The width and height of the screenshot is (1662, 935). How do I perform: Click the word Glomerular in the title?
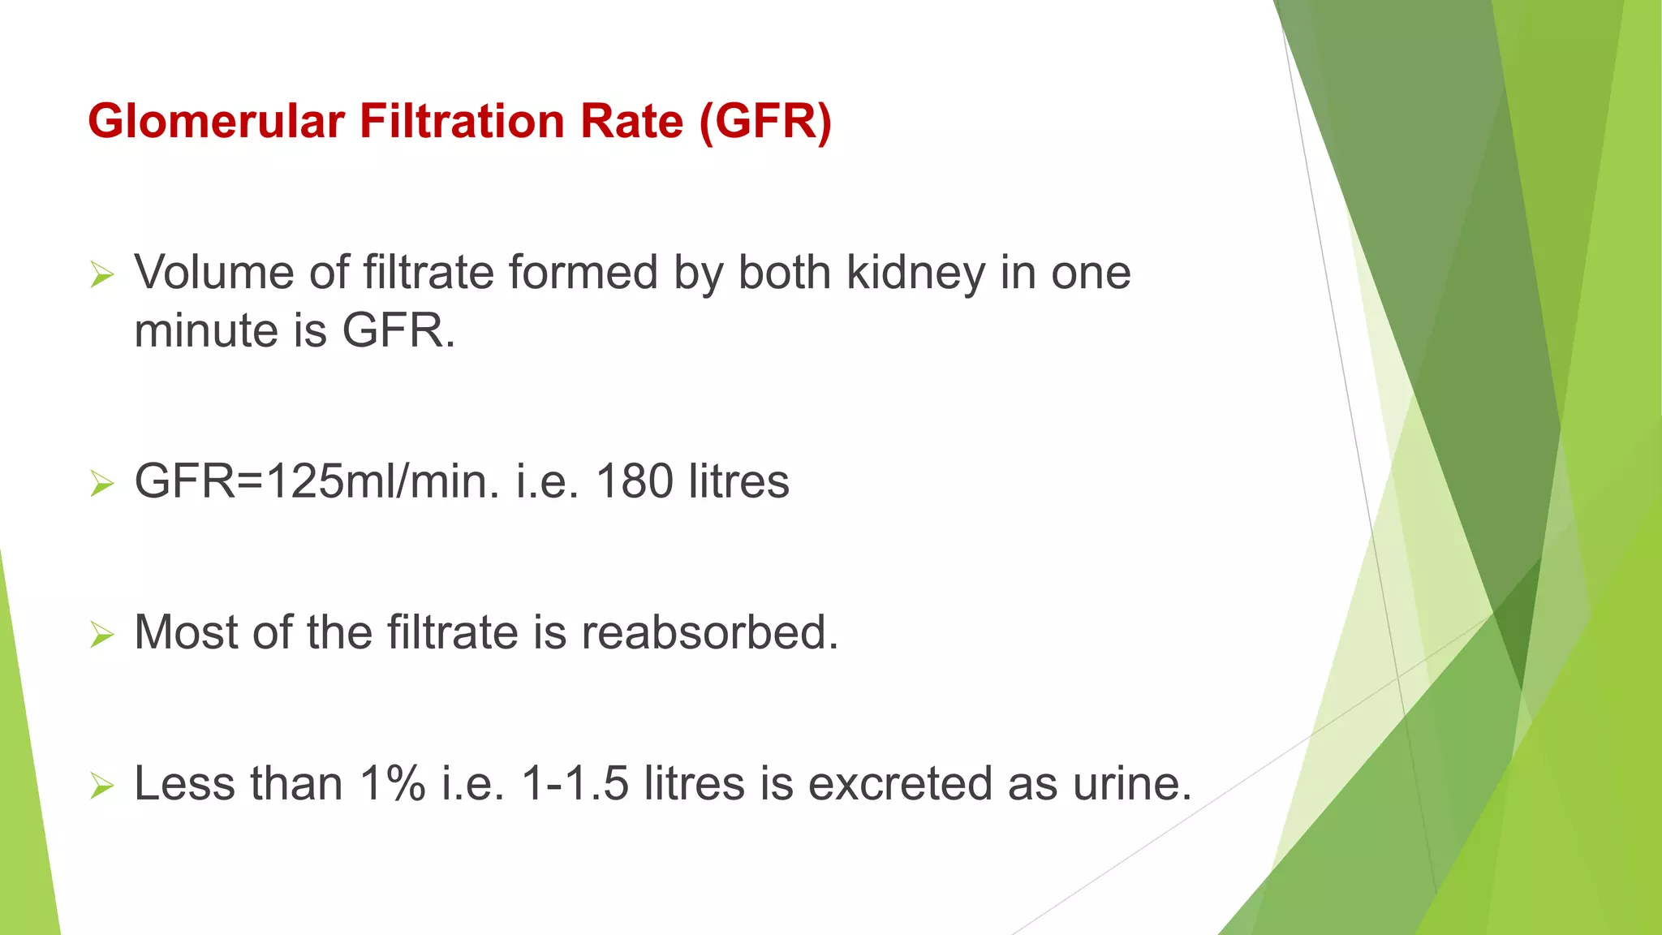pos(216,122)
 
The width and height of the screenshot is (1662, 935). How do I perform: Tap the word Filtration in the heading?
pos(462,122)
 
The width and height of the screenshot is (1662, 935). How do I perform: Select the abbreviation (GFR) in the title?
pos(765,122)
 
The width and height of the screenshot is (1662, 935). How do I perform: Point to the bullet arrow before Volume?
pos(102,274)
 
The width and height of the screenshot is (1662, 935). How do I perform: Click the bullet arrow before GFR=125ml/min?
pos(102,484)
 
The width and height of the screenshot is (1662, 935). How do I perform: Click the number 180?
pos(635,481)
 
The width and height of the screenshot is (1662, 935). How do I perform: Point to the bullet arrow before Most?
pos(102,635)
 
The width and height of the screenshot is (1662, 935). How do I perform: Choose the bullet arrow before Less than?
pos(102,786)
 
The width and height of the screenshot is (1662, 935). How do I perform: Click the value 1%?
pos(392,784)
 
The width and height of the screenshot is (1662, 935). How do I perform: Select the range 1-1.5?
pos(575,784)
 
